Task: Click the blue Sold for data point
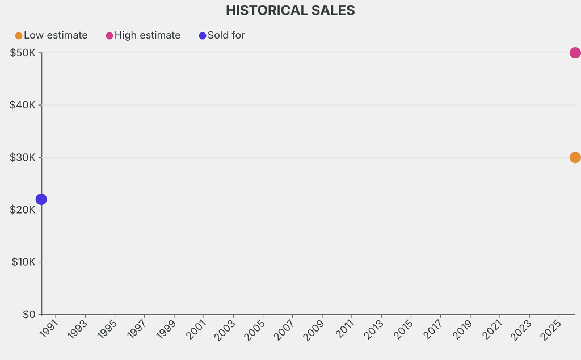coord(41,199)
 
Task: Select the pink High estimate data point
coord(575,53)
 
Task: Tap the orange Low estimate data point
coord(575,157)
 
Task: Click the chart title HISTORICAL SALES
coord(290,10)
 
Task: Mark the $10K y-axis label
coord(23,262)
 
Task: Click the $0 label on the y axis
coord(30,314)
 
